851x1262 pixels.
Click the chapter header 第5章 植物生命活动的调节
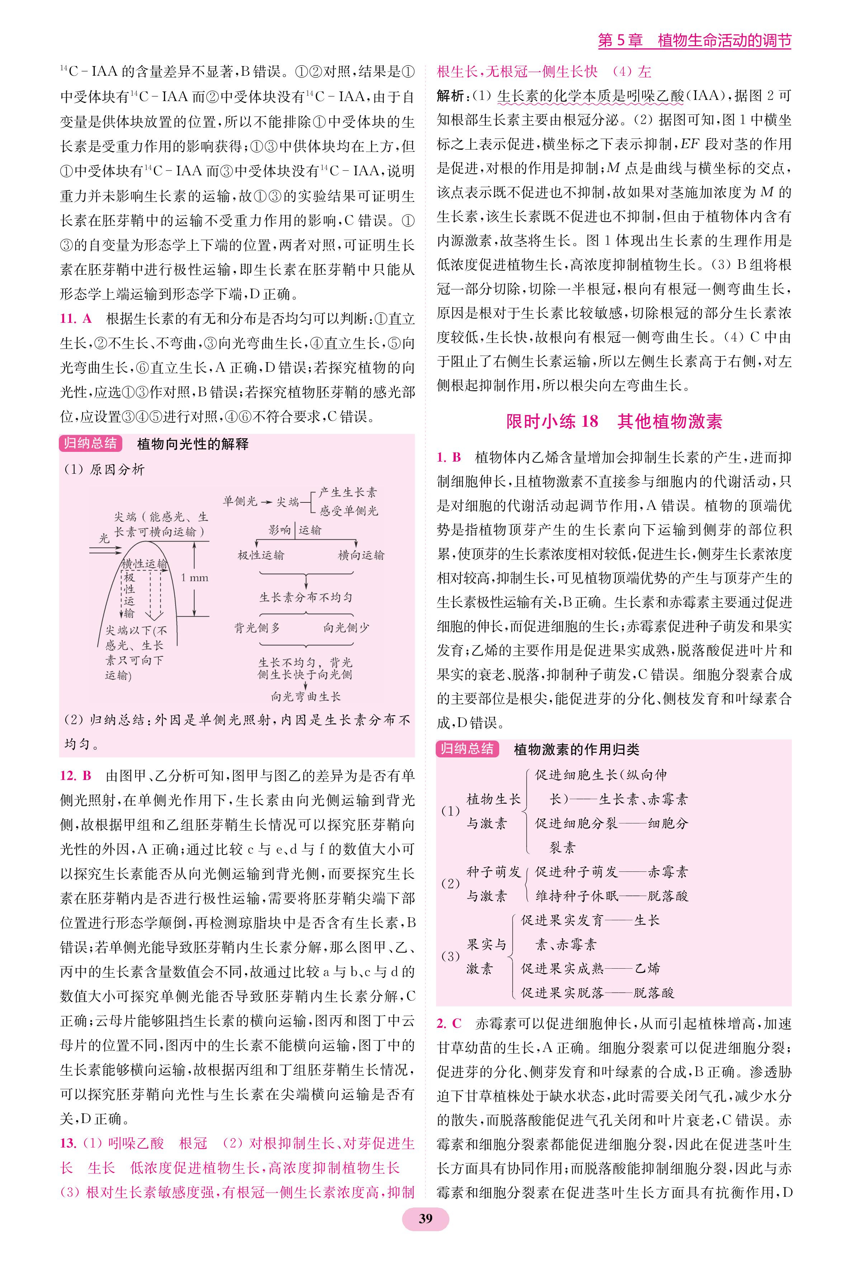694,41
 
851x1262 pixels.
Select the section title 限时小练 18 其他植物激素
614,422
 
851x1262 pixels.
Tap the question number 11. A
76,318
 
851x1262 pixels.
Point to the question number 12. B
76,776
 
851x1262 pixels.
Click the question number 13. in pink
68,1144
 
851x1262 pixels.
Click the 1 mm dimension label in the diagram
194,577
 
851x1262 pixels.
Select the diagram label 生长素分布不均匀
306,597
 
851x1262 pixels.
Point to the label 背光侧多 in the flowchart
257,628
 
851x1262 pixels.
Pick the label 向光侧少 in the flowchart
346,628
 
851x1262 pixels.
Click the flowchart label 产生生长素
348,492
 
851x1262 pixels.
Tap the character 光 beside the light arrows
104,538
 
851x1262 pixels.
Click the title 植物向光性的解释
193,444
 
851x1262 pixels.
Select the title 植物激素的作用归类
576,750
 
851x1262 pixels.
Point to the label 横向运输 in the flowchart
361,555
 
